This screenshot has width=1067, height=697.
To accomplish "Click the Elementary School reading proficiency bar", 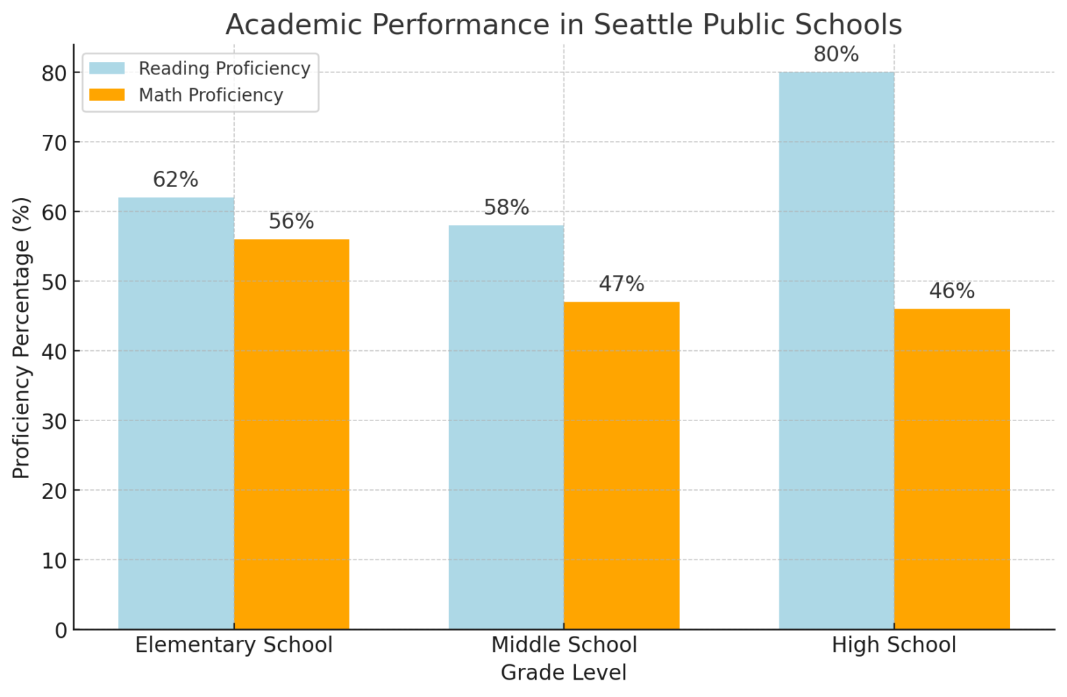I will (x=176, y=413).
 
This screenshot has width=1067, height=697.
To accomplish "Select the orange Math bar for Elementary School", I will (x=291, y=434).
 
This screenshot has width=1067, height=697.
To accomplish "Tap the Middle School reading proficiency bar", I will (x=506, y=427).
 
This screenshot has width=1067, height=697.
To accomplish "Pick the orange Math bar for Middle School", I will (x=621, y=466).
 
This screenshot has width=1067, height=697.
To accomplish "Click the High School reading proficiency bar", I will (x=836, y=351).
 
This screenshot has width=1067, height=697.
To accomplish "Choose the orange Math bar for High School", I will (x=952, y=469).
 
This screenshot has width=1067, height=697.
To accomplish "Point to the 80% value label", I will (x=836, y=54).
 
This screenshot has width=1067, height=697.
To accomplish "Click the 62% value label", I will (x=176, y=180).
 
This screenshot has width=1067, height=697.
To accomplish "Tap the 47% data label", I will (x=621, y=284).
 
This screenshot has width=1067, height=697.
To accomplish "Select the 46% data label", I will (x=952, y=291).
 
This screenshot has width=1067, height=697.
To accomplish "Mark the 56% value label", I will (x=291, y=222).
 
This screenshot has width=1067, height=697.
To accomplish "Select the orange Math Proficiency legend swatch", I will (x=107, y=95).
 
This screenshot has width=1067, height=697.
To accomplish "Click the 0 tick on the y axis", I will (x=61, y=630).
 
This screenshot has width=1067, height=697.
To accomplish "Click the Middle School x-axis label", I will (x=563, y=645).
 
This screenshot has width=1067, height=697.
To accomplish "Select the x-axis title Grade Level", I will (x=563, y=673).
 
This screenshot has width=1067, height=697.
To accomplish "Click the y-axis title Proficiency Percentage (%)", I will (x=22, y=338).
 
